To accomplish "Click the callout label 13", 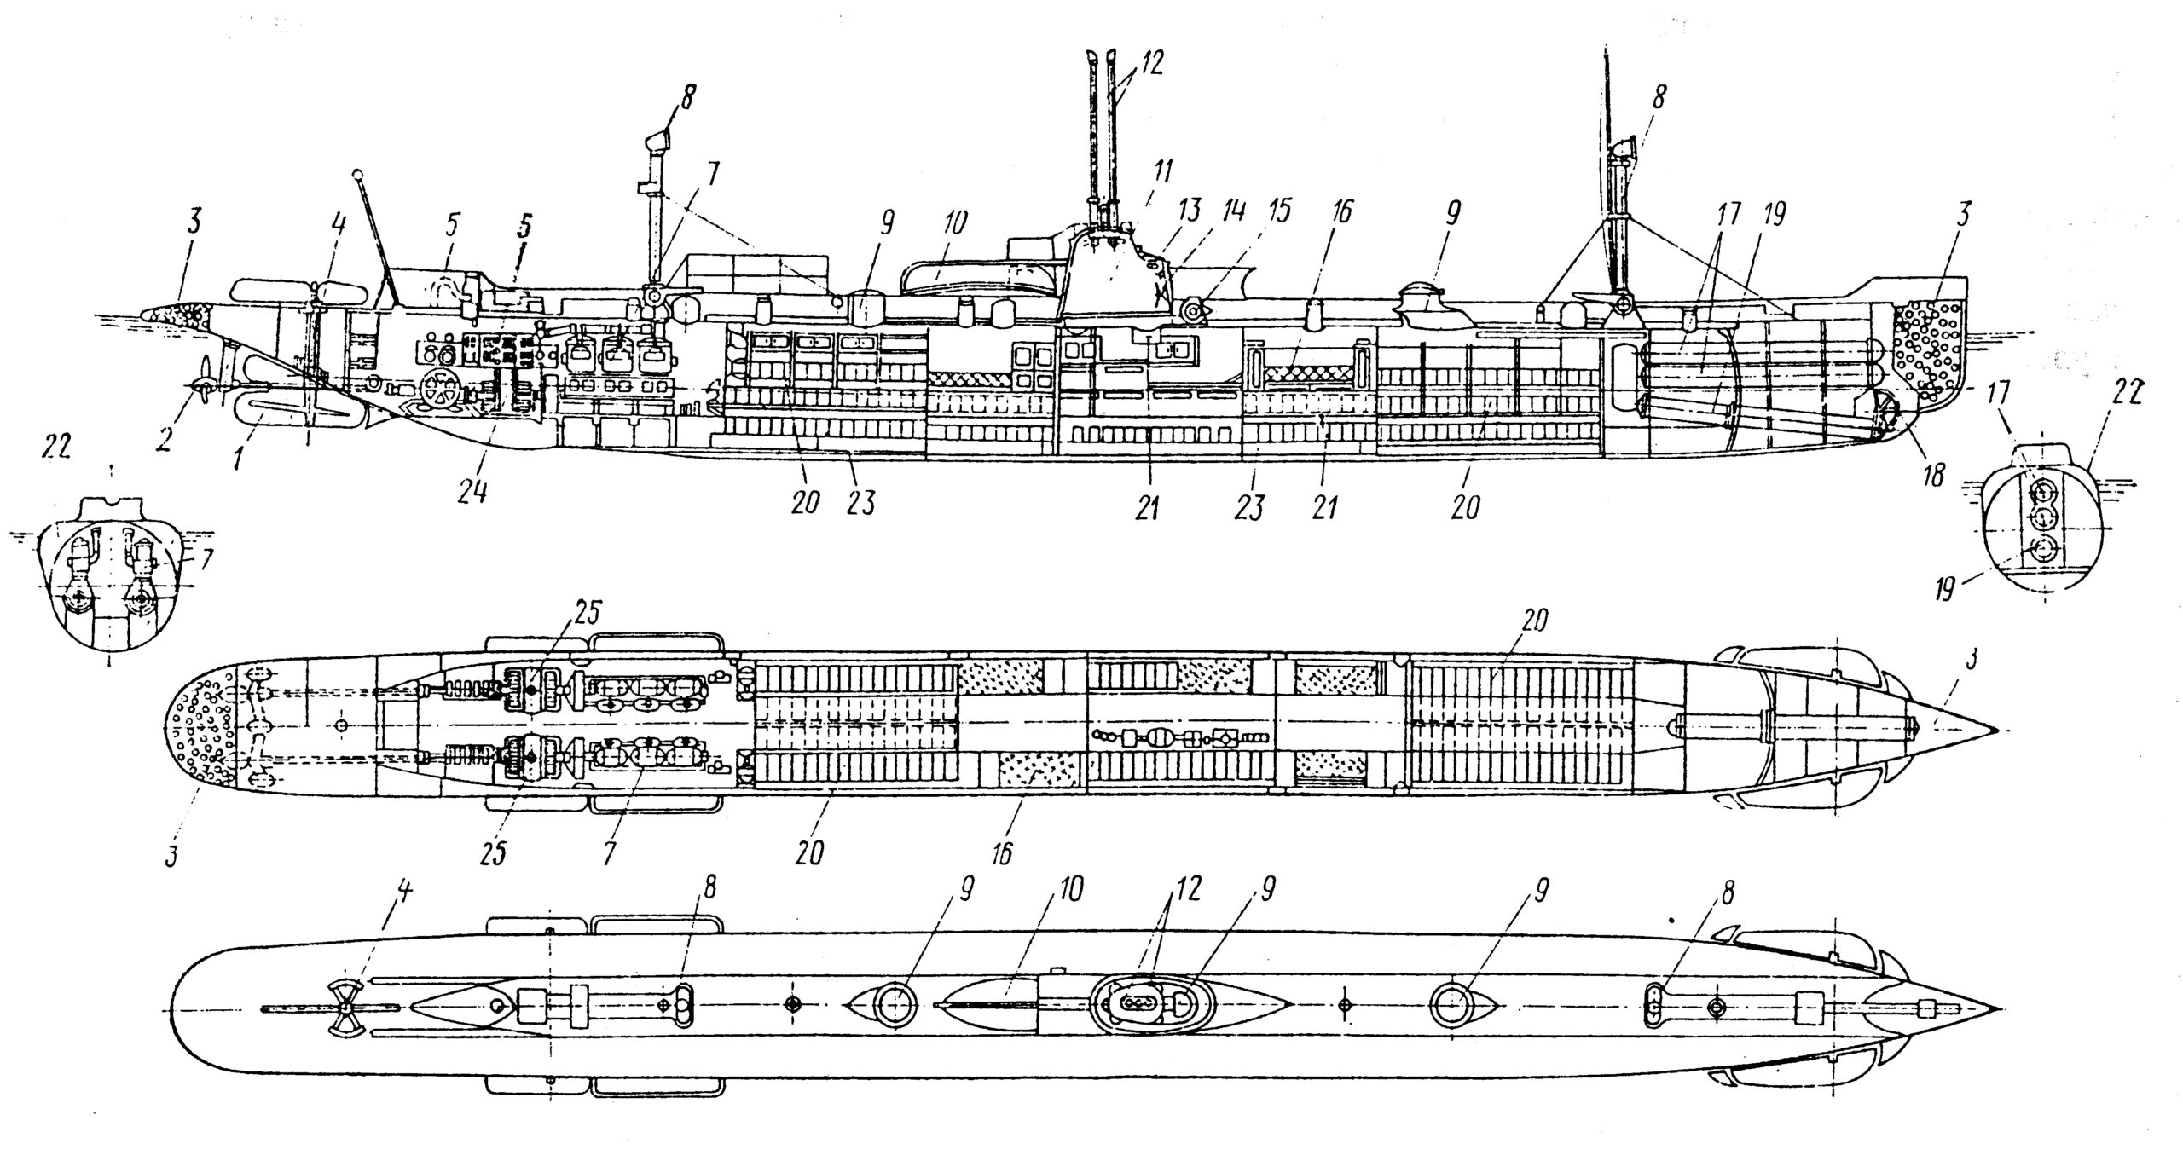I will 1190,210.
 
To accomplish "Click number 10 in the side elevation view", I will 957,223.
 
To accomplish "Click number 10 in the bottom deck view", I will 1069,889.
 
